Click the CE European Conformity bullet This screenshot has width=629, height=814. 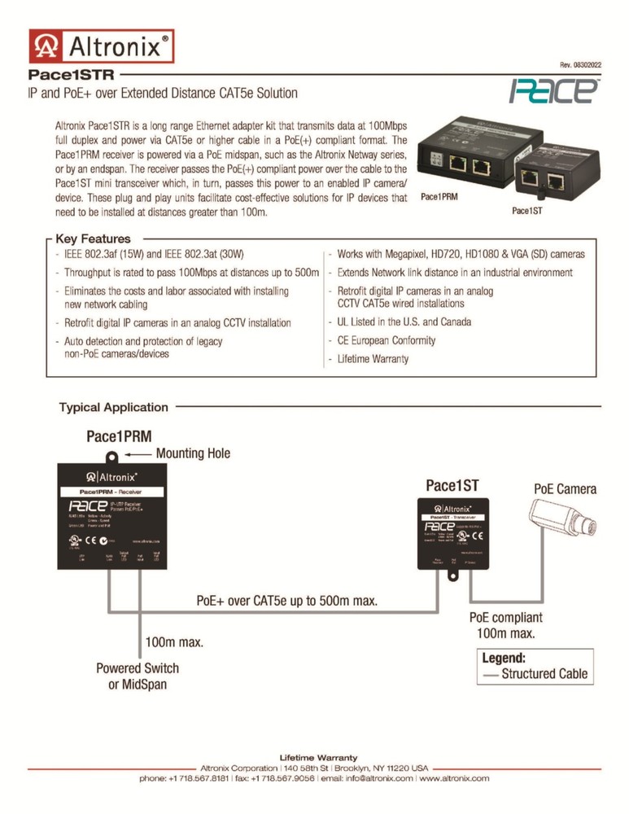pos(386,340)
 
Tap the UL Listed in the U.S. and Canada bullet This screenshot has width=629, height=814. pos(404,322)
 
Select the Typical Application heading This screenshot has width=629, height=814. pos(113,407)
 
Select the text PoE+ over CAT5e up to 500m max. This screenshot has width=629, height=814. pos(287,601)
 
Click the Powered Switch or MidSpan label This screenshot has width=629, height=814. pos(138,676)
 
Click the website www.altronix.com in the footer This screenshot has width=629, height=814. pos(453,778)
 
